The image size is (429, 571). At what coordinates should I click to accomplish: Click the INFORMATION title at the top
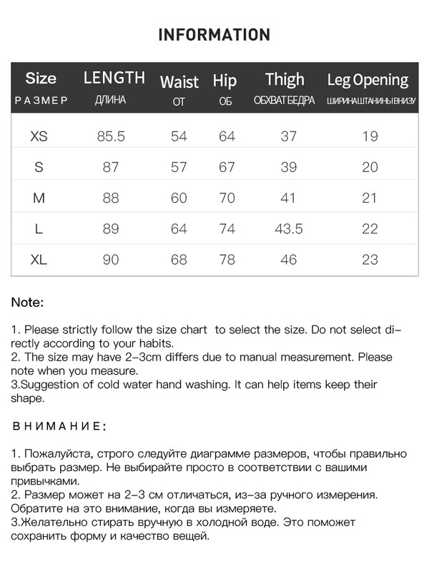[214, 35]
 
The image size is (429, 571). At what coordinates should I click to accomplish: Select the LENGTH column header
[114, 78]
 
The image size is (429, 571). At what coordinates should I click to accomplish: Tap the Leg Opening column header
[368, 80]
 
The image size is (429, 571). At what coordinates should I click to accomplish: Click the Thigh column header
[285, 79]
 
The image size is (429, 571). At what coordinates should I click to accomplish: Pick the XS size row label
[40, 136]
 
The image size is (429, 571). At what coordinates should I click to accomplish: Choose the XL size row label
[39, 260]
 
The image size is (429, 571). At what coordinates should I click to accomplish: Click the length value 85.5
[111, 136]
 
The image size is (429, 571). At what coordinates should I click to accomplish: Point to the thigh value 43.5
[289, 229]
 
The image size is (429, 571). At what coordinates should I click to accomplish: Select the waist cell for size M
[179, 198]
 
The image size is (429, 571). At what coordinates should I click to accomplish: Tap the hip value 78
[227, 260]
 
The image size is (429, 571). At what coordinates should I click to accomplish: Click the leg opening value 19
[370, 136]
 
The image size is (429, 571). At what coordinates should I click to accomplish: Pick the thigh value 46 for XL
[289, 260]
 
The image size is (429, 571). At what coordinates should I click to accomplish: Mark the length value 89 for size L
[111, 229]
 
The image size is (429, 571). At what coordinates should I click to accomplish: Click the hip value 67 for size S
[227, 167]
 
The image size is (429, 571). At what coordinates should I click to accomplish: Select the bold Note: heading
[27, 302]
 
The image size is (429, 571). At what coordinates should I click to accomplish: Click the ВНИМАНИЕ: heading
[59, 426]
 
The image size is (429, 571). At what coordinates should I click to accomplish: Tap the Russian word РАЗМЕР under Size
[41, 101]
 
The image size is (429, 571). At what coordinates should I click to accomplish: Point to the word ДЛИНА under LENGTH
[110, 100]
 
